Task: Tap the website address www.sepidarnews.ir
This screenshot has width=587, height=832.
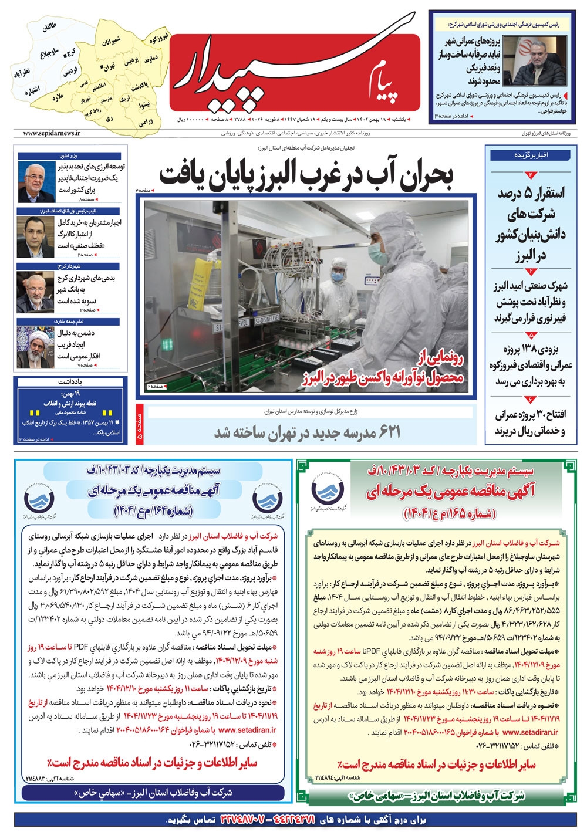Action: pos(49,134)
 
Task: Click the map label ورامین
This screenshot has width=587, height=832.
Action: pos(146,121)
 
